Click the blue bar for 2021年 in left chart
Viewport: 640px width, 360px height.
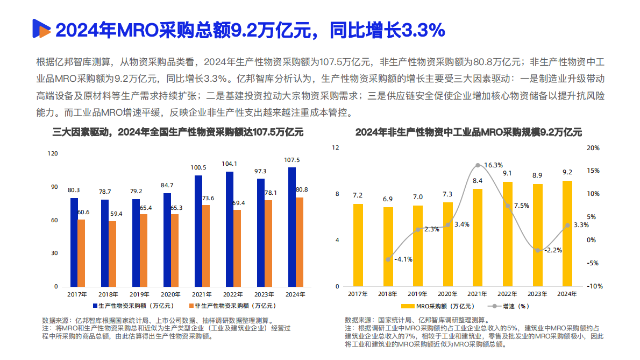pos(198,230)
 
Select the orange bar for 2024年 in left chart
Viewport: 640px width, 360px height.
pos(300,242)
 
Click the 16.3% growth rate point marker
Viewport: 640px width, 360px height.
pos(478,165)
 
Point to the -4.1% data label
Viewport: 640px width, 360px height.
pos(403,259)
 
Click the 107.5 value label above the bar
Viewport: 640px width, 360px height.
pos(291,160)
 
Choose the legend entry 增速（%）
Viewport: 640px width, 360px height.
pos(509,306)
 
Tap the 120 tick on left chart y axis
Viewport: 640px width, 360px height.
pos(53,153)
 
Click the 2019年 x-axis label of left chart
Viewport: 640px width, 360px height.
pos(139,294)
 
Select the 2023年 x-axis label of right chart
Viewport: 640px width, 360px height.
pos(537,294)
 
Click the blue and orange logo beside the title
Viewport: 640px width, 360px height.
pos(41,30)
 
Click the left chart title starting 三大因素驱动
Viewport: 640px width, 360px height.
pos(177,132)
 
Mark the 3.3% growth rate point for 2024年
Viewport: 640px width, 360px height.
pos(567,225)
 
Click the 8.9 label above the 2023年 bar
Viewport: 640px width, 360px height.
pos(537,175)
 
